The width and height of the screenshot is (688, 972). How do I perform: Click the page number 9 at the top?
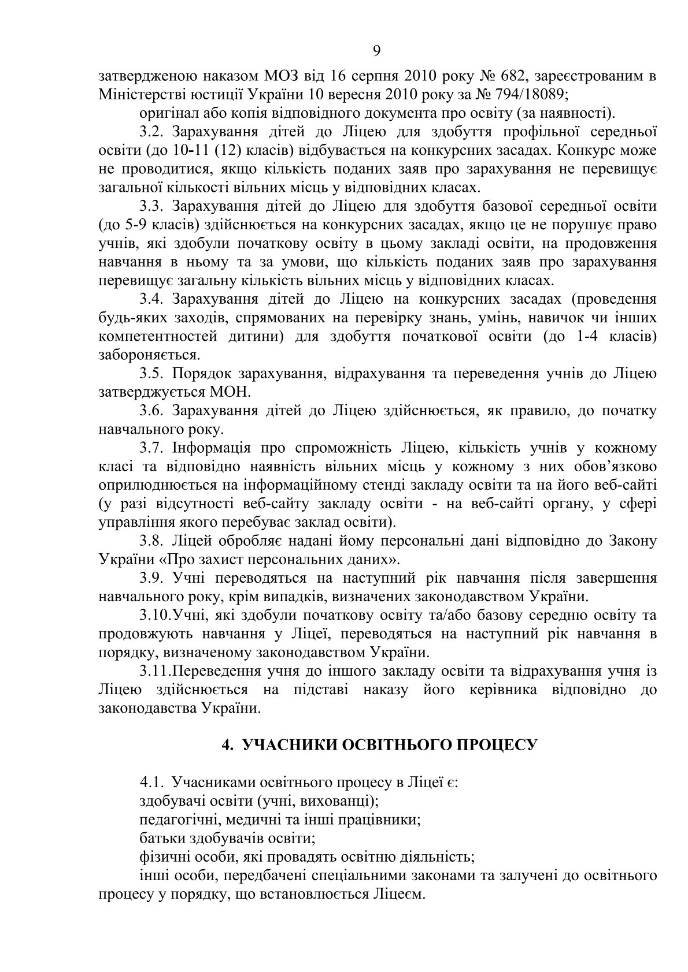[x=377, y=51]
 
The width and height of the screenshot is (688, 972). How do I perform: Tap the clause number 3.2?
[x=152, y=132]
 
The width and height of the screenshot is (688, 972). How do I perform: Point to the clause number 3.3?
[x=152, y=206]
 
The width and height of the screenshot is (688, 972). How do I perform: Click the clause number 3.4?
[x=152, y=299]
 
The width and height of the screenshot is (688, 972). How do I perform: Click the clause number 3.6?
[x=152, y=411]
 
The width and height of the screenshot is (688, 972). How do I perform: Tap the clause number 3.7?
[x=152, y=448]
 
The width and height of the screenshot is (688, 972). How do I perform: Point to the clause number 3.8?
[x=152, y=541]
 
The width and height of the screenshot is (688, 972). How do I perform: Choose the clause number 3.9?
[x=152, y=578]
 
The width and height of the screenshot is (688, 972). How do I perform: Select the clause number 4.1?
[x=152, y=783]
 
